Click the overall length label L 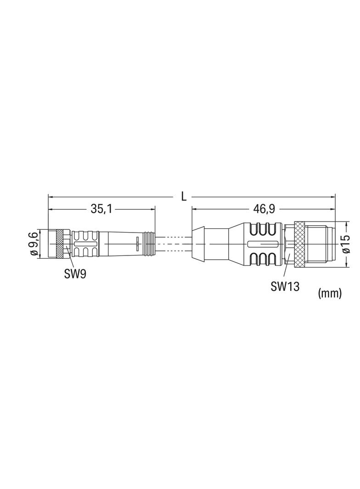click(x=184, y=197)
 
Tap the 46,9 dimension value click(x=264, y=209)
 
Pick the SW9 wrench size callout click(x=75, y=274)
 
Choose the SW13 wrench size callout click(x=285, y=287)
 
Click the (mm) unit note click(x=330, y=294)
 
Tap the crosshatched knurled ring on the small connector click(x=60, y=244)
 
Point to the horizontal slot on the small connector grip click(x=85, y=244)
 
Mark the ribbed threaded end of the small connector click(x=150, y=244)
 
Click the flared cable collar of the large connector click(x=198, y=244)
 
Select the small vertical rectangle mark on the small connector click(x=137, y=242)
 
